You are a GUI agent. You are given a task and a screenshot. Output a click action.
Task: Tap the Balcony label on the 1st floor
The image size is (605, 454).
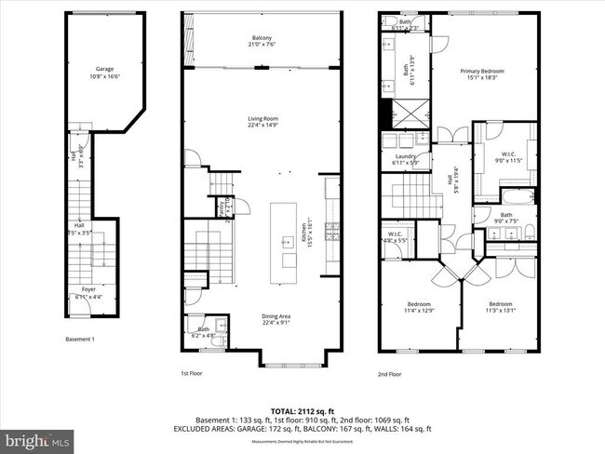264,40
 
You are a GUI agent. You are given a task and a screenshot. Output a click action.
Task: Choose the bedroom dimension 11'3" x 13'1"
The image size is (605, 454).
500,307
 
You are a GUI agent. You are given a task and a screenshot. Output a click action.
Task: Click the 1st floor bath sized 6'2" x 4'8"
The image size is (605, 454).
203,330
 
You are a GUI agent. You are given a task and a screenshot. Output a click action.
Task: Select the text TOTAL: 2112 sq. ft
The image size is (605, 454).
302,410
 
